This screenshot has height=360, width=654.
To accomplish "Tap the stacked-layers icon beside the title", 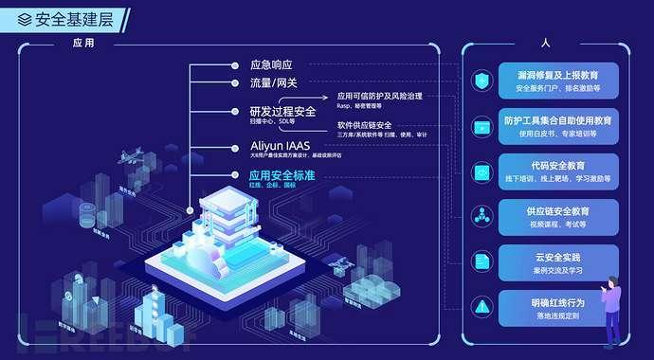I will click(24, 18).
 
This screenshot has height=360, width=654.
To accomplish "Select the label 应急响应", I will click(271, 65).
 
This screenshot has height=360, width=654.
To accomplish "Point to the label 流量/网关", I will click(273, 83).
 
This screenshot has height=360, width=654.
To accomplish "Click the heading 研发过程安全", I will click(282, 112).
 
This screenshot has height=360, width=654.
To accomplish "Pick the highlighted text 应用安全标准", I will click(282, 175).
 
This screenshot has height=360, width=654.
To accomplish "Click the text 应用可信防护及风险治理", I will click(379, 97).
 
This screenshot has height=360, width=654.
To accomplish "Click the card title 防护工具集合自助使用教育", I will click(565, 121).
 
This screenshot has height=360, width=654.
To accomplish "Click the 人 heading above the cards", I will click(545, 43).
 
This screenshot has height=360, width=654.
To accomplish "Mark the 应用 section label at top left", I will click(83, 43).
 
